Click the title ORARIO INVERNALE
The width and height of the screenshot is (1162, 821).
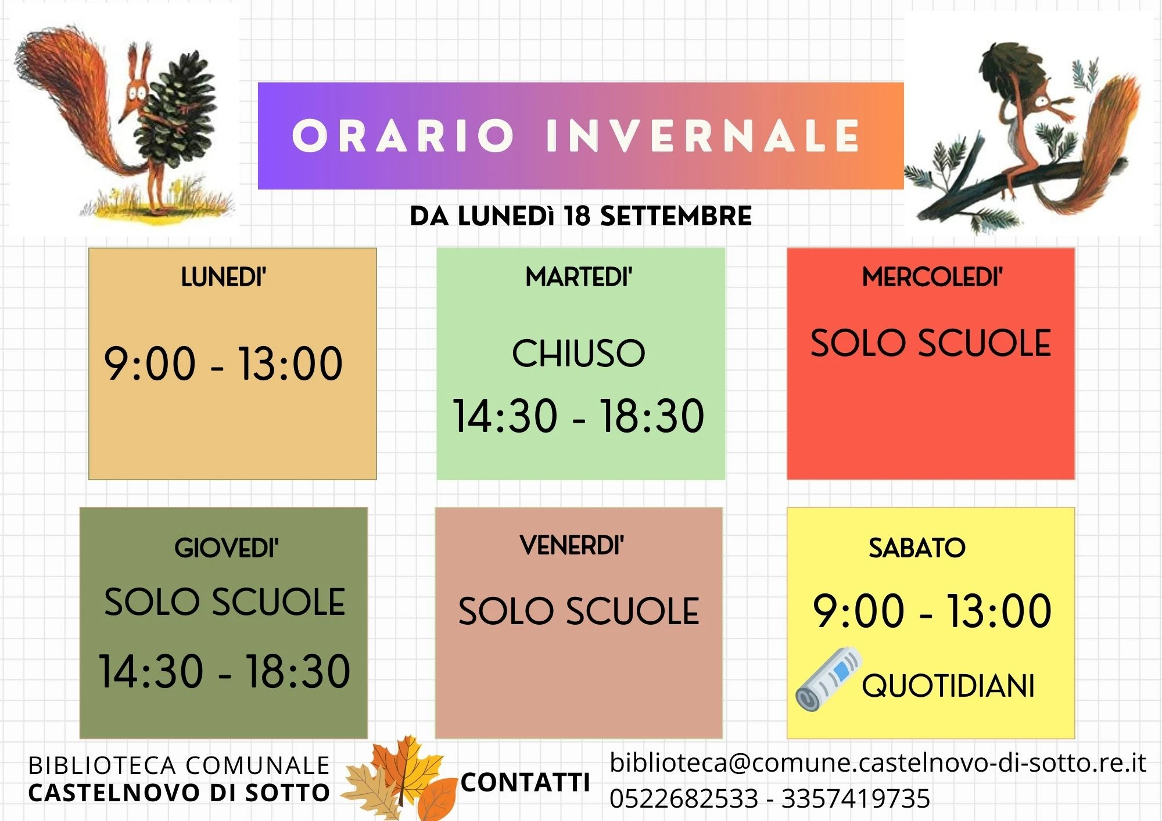pyautogui.click(x=576, y=136)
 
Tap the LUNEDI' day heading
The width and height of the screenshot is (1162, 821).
pyautogui.click(x=224, y=277)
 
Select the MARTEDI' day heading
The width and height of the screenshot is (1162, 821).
pyautogui.click(x=579, y=277)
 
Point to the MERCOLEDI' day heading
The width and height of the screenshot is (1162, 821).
pyautogui.click(x=933, y=277)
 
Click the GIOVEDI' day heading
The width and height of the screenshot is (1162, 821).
pyautogui.click(x=227, y=548)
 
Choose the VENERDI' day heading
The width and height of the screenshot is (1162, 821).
pyautogui.click(x=572, y=545)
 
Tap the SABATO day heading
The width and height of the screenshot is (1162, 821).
pyautogui.click(x=917, y=548)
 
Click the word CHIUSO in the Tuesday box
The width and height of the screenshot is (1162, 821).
pyautogui.click(x=579, y=353)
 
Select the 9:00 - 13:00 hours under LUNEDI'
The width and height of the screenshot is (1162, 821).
pyautogui.click(x=224, y=363)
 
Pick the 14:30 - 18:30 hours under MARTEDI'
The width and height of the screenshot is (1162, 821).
pyautogui.click(x=579, y=416)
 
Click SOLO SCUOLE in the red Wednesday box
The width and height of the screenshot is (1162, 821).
pyautogui.click(x=931, y=343)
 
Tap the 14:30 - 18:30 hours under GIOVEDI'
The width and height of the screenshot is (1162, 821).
pyautogui.click(x=224, y=671)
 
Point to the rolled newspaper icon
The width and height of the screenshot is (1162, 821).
pyautogui.click(x=829, y=679)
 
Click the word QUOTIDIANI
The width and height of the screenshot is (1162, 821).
pyautogui.click(x=948, y=686)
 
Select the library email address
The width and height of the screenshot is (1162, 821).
pyautogui.click(x=878, y=762)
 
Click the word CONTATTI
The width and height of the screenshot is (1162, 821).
pyautogui.click(x=525, y=782)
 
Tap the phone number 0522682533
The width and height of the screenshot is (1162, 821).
pyautogui.click(x=684, y=798)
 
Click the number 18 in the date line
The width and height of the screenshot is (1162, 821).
pyautogui.click(x=577, y=216)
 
